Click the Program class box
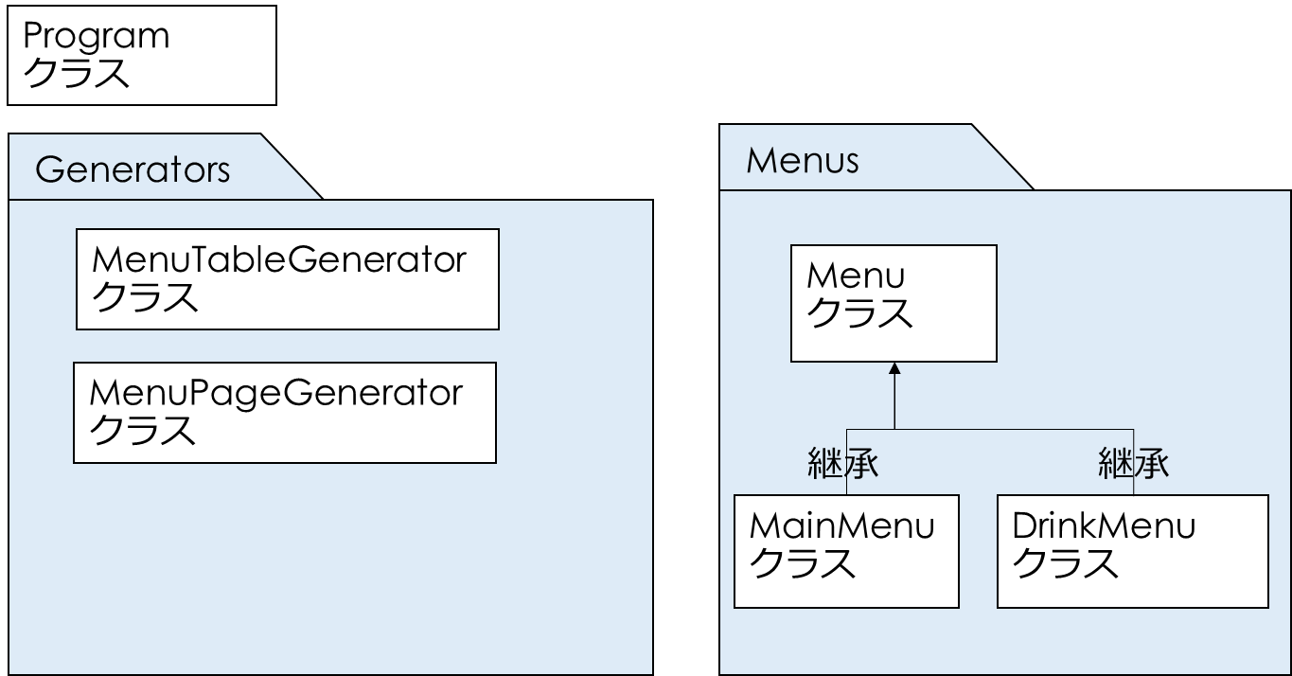(142, 55)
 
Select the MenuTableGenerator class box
(288, 279)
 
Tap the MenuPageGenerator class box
(285, 412)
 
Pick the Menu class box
(894, 303)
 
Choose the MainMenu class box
(847, 551)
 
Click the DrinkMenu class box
(1132, 551)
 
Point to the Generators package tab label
(133, 170)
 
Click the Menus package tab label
(803, 160)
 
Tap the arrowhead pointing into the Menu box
(894, 368)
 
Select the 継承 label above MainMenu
(843, 463)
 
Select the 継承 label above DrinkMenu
(1134, 463)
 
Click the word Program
(96, 37)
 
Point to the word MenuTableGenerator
(279, 259)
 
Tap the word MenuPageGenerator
(276, 392)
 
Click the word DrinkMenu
(1104, 525)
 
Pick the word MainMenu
(841, 525)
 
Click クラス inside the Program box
(77, 74)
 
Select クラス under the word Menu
(859, 314)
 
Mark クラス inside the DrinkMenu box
(1066, 565)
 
